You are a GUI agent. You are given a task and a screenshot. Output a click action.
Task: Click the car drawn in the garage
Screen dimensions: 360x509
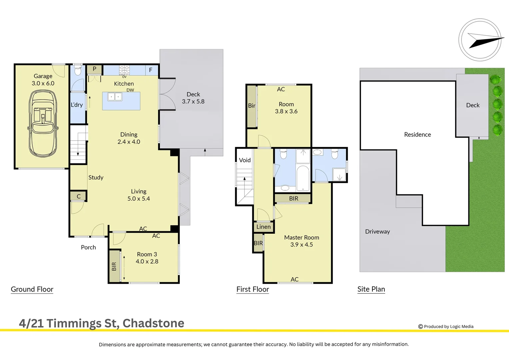[x=43, y=124]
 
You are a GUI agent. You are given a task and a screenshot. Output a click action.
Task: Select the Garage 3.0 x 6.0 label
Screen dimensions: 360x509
[x=43, y=80]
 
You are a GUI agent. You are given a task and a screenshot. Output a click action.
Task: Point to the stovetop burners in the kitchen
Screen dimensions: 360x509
[x=124, y=70]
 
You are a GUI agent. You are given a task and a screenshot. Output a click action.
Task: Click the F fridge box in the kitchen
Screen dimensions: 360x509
[x=151, y=70]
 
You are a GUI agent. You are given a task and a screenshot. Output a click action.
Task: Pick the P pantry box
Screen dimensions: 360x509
[x=95, y=69]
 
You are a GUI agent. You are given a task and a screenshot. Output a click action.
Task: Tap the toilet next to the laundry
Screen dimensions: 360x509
[x=78, y=70]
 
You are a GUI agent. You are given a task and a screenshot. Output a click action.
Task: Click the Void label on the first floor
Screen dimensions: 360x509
[x=245, y=160]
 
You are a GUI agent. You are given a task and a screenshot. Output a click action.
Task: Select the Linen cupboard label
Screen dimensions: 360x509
[x=263, y=227]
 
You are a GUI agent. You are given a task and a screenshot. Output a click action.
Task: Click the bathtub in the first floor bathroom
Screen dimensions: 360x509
[x=303, y=178]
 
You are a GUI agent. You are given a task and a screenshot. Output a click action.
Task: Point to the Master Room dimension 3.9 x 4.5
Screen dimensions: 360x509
[x=301, y=245]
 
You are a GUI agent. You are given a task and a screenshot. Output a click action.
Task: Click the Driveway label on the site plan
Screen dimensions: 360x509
[x=377, y=231]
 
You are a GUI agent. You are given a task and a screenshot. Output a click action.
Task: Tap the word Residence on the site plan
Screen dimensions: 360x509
[x=417, y=134]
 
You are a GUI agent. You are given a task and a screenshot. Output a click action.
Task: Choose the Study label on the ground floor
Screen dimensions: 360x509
[x=96, y=177]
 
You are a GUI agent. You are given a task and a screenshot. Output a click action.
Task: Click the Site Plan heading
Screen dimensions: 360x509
[x=371, y=289]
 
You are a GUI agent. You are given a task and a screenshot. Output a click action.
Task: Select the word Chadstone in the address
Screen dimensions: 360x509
[x=153, y=323]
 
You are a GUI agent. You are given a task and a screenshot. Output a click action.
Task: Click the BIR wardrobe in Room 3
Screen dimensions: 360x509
[x=114, y=266]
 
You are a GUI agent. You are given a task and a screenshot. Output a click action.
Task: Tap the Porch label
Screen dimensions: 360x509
[x=88, y=247]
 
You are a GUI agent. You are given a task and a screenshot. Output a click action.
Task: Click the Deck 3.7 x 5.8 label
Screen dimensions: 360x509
[x=193, y=98]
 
